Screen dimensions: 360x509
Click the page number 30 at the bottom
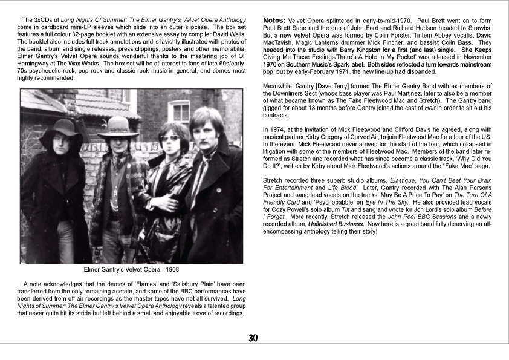click(x=253, y=338)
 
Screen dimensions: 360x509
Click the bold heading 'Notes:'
click(x=274, y=21)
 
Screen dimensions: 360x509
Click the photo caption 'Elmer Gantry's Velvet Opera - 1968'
click(x=131, y=270)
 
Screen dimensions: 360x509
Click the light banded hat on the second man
click(x=118, y=126)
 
